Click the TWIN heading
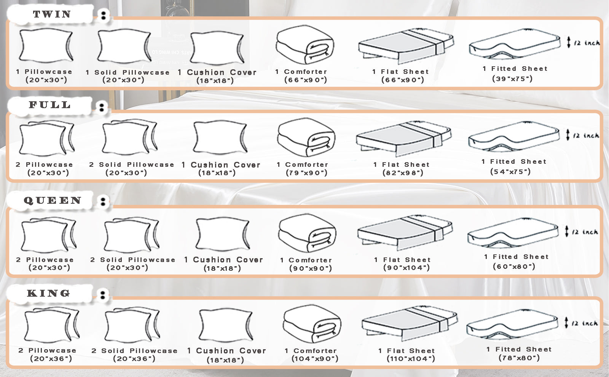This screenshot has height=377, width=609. tap(52, 14)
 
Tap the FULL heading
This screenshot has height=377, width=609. tap(50, 105)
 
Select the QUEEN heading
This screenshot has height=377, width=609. tap(53, 200)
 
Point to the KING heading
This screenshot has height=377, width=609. tap(49, 293)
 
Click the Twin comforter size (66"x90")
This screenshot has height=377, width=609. tap(306, 80)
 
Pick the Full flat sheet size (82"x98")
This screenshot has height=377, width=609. tap(403, 173)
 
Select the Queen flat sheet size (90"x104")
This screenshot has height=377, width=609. tap(407, 268)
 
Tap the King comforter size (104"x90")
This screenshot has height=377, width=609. tap(315, 358)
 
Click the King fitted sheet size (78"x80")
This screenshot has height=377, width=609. tap(519, 358)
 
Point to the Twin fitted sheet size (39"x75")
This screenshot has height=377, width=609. tap(512, 79)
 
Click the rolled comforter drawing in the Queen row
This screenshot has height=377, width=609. tap(307, 233)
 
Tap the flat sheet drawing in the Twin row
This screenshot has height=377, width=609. tap(406, 46)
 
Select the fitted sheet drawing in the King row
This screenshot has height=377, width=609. tap(513, 324)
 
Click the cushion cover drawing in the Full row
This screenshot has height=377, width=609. tap(220, 137)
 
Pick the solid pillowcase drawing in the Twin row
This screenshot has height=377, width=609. tap(124, 46)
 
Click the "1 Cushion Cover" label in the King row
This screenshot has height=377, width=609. tap(227, 351)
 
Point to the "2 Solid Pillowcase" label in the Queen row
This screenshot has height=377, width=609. tap(133, 260)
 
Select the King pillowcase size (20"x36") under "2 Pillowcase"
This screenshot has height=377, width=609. tap(51, 358)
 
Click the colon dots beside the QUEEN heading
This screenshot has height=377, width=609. tap(103, 201)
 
